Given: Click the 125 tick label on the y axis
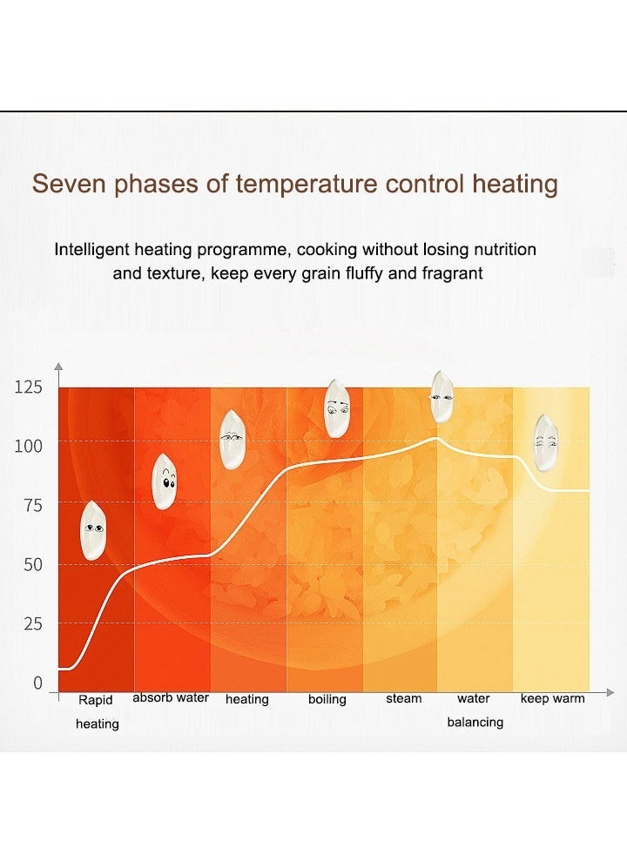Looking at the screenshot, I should pyautogui.click(x=28, y=387).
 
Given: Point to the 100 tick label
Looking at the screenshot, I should pyautogui.click(x=28, y=447).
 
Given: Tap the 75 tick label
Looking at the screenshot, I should pyautogui.click(x=31, y=506).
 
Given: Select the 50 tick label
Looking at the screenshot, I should pyautogui.click(x=31, y=565).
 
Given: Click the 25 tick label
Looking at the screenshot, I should pyautogui.click(x=31, y=624).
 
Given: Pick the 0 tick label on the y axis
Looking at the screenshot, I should pyautogui.click(x=37, y=683).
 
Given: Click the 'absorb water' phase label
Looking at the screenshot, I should pyautogui.click(x=171, y=697).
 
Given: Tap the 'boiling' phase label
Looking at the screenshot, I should pyautogui.click(x=327, y=699).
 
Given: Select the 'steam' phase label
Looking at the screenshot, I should pyautogui.click(x=403, y=698).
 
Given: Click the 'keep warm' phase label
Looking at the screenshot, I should pyautogui.click(x=552, y=698).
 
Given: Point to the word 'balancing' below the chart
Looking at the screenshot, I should pyautogui.click(x=475, y=722).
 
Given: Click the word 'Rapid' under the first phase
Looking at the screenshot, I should pyautogui.click(x=96, y=700).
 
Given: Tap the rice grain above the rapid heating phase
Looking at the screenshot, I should pyautogui.click(x=93, y=529).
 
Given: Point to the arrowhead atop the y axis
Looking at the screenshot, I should pyautogui.click(x=58, y=367).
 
